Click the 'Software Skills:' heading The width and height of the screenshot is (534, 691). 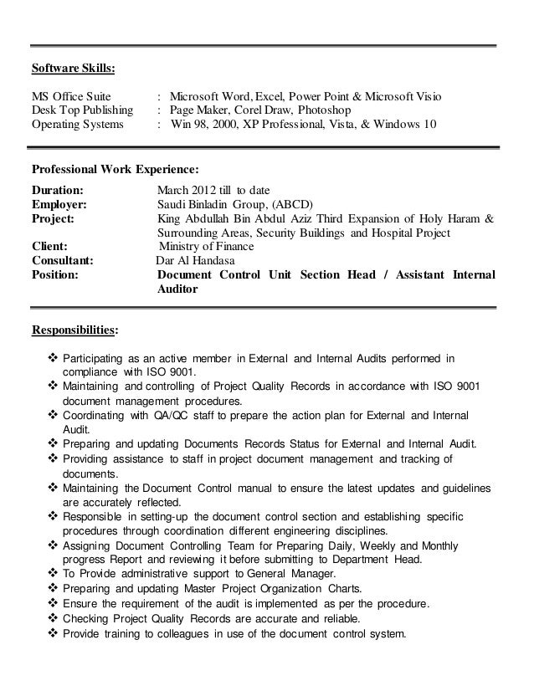pos(74,68)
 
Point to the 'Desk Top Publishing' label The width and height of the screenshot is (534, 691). pos(82,110)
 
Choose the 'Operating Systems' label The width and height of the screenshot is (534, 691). pos(76,125)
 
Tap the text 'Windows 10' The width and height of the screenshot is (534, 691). pos(407,125)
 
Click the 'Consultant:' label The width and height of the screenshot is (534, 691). pos(62,260)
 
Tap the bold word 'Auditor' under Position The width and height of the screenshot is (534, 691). pos(177,289)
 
